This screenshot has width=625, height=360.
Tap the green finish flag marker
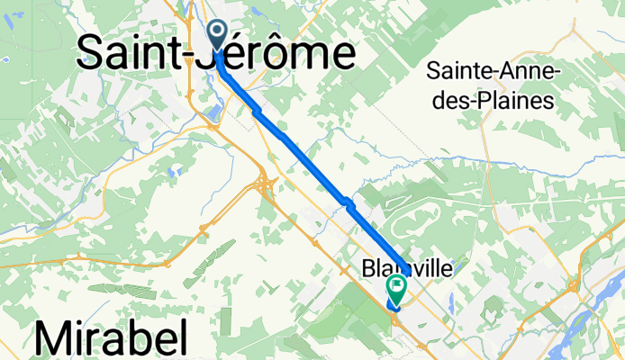coord(396,287)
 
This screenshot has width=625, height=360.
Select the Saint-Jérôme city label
coord(216,54)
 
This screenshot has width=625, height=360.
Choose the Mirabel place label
coord(112,340)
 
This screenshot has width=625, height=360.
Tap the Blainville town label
coord(404,268)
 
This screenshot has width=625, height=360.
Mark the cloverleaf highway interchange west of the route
coord(267,184)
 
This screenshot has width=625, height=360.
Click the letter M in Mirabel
coord(56,340)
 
